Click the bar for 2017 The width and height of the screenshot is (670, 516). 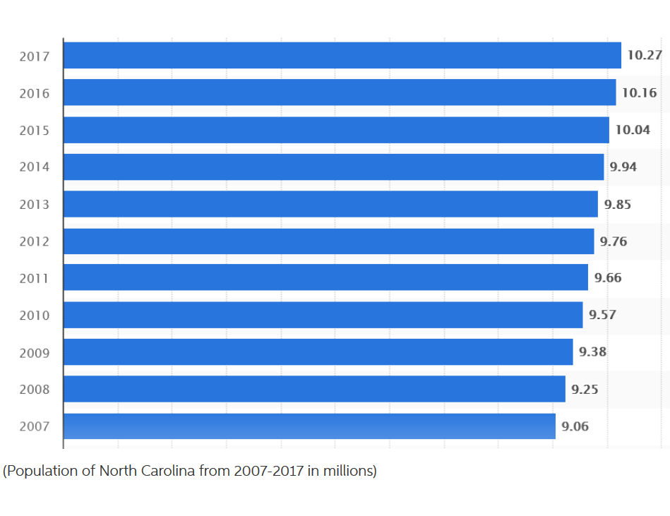click(x=342, y=55)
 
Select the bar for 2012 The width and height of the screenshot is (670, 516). click(x=328, y=241)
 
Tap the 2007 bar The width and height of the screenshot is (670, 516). click(x=309, y=426)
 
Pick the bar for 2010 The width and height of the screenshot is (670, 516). click(x=323, y=315)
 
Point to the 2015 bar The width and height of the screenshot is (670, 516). click(x=336, y=130)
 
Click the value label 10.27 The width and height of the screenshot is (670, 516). click(x=645, y=55)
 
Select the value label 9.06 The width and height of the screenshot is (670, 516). click(x=575, y=426)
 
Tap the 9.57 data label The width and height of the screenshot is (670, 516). click(x=602, y=315)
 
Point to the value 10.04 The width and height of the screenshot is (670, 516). click(x=633, y=130)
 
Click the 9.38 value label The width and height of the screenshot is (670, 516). click(x=592, y=352)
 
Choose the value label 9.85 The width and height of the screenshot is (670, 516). click(x=617, y=205)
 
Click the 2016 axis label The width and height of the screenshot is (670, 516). click(x=35, y=93)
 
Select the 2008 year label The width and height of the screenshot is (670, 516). click(x=35, y=390)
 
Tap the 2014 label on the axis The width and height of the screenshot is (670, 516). click(x=35, y=167)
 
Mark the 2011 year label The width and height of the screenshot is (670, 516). click(x=35, y=279)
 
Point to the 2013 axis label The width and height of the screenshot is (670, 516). click(x=35, y=205)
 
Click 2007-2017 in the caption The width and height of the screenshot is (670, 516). click(x=267, y=471)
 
